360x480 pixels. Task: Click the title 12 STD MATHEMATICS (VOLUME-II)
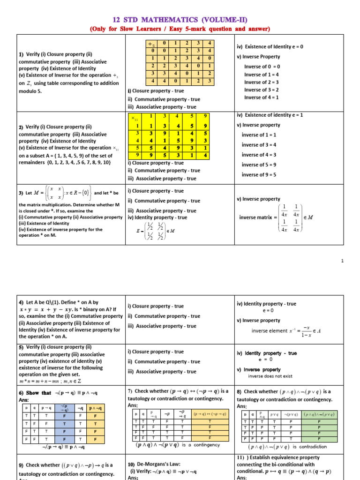click(180, 19)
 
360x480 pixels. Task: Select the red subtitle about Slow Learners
click(180, 29)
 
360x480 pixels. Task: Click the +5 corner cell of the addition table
click(152, 44)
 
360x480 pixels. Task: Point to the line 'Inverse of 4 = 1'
click(261, 97)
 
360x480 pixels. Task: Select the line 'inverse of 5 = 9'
click(259, 165)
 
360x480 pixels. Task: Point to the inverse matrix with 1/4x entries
click(291, 217)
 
